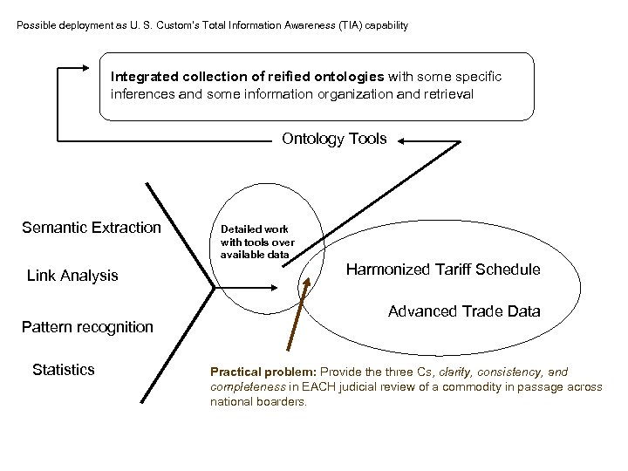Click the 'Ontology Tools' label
(x=334, y=139)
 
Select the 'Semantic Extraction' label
(x=92, y=228)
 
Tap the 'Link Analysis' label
(x=72, y=276)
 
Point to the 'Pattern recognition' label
(x=86, y=327)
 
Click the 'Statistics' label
(x=63, y=370)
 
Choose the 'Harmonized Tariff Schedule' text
(x=443, y=270)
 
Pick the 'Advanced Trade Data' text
(x=464, y=311)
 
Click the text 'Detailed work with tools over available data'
(x=256, y=242)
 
